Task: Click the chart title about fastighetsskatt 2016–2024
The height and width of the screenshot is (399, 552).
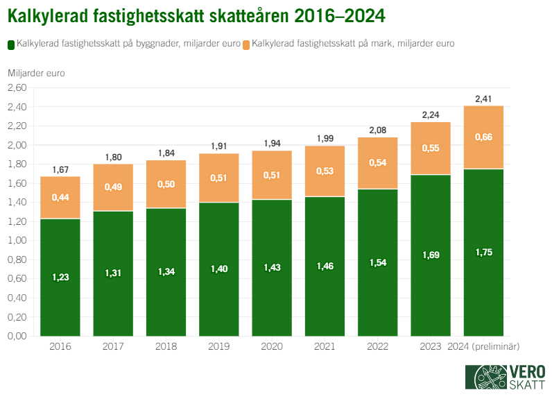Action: (x=196, y=15)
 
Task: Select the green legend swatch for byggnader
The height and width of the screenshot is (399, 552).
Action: (x=11, y=44)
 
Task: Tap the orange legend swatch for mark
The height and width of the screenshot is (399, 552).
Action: (x=247, y=44)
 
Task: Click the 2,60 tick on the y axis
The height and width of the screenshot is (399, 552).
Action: (x=17, y=88)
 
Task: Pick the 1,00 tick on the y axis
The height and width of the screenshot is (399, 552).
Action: (x=17, y=241)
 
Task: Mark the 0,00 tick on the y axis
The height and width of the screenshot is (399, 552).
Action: (x=17, y=336)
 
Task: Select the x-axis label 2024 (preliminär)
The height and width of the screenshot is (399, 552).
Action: (x=483, y=346)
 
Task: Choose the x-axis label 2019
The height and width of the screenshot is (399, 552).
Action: (x=219, y=346)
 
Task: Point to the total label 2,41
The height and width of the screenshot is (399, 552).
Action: (x=483, y=99)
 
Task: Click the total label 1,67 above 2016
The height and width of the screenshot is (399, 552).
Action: (x=60, y=170)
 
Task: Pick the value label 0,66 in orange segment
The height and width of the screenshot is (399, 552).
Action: (x=483, y=137)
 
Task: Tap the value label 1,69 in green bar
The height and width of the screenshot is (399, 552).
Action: (x=431, y=255)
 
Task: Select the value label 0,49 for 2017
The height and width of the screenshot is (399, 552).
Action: (x=113, y=187)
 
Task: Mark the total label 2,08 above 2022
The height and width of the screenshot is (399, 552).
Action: (x=378, y=130)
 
